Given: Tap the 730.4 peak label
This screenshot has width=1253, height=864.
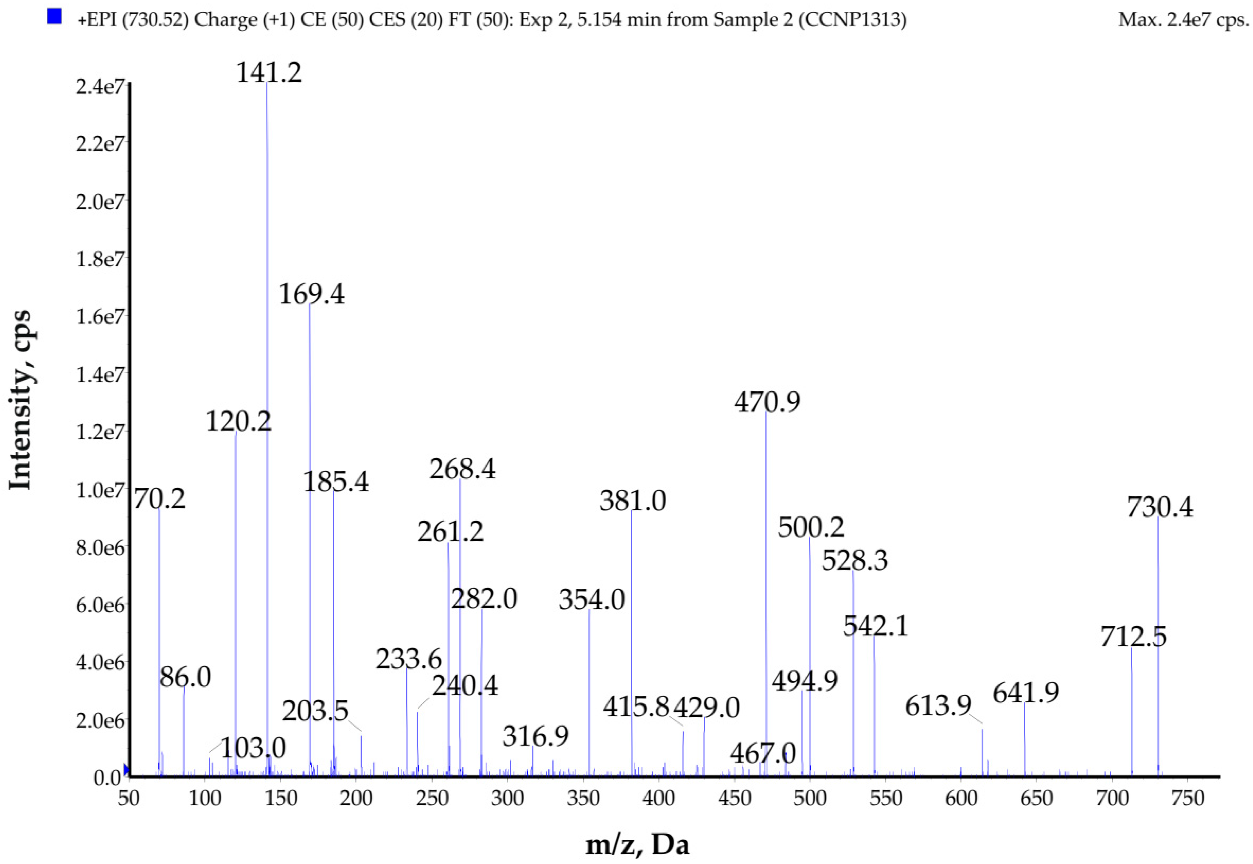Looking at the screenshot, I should tap(1159, 507).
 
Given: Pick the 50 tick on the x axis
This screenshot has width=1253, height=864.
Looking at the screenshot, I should tap(129, 798).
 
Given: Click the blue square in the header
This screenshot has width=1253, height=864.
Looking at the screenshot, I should tap(54, 17).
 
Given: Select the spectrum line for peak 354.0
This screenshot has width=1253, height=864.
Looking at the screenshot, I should tap(589, 693).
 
